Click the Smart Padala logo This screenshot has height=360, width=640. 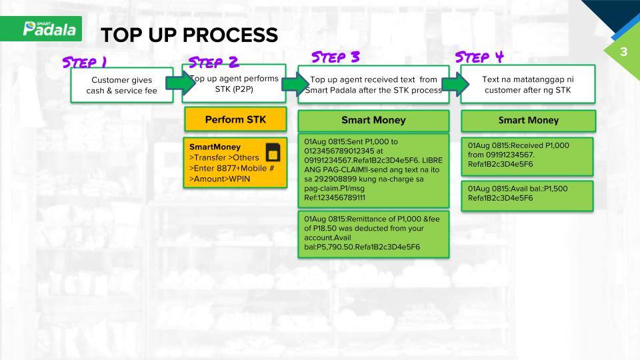pos(49,29)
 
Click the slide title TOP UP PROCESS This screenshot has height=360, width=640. pos(189,35)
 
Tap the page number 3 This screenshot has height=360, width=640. pos(624,52)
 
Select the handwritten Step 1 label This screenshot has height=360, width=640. pos(85,62)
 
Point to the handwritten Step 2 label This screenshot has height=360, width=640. pos(213,62)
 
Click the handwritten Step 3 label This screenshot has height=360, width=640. pos(335,57)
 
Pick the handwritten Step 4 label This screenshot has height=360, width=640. pos(479,57)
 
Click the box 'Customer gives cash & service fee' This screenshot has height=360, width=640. pos(121,85)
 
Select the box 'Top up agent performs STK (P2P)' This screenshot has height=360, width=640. pos(234,83)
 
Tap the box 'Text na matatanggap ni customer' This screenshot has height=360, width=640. pos(528,84)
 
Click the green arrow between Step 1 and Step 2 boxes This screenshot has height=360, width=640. pos(181,83)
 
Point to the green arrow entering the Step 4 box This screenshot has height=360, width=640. pos(455,85)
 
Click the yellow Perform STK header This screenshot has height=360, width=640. pos(235,119)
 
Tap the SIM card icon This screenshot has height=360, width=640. pos(273,152)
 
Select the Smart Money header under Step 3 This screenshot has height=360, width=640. pos(373,121)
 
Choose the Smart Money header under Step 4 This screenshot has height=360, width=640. pos(528,121)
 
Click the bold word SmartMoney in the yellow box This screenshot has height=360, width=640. pos(215,147)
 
